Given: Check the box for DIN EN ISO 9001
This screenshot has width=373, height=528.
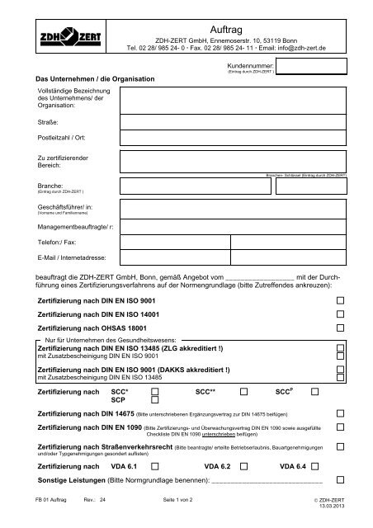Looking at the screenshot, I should pos(340,303).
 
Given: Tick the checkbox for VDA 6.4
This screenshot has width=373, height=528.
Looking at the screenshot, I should pos(340,467).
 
